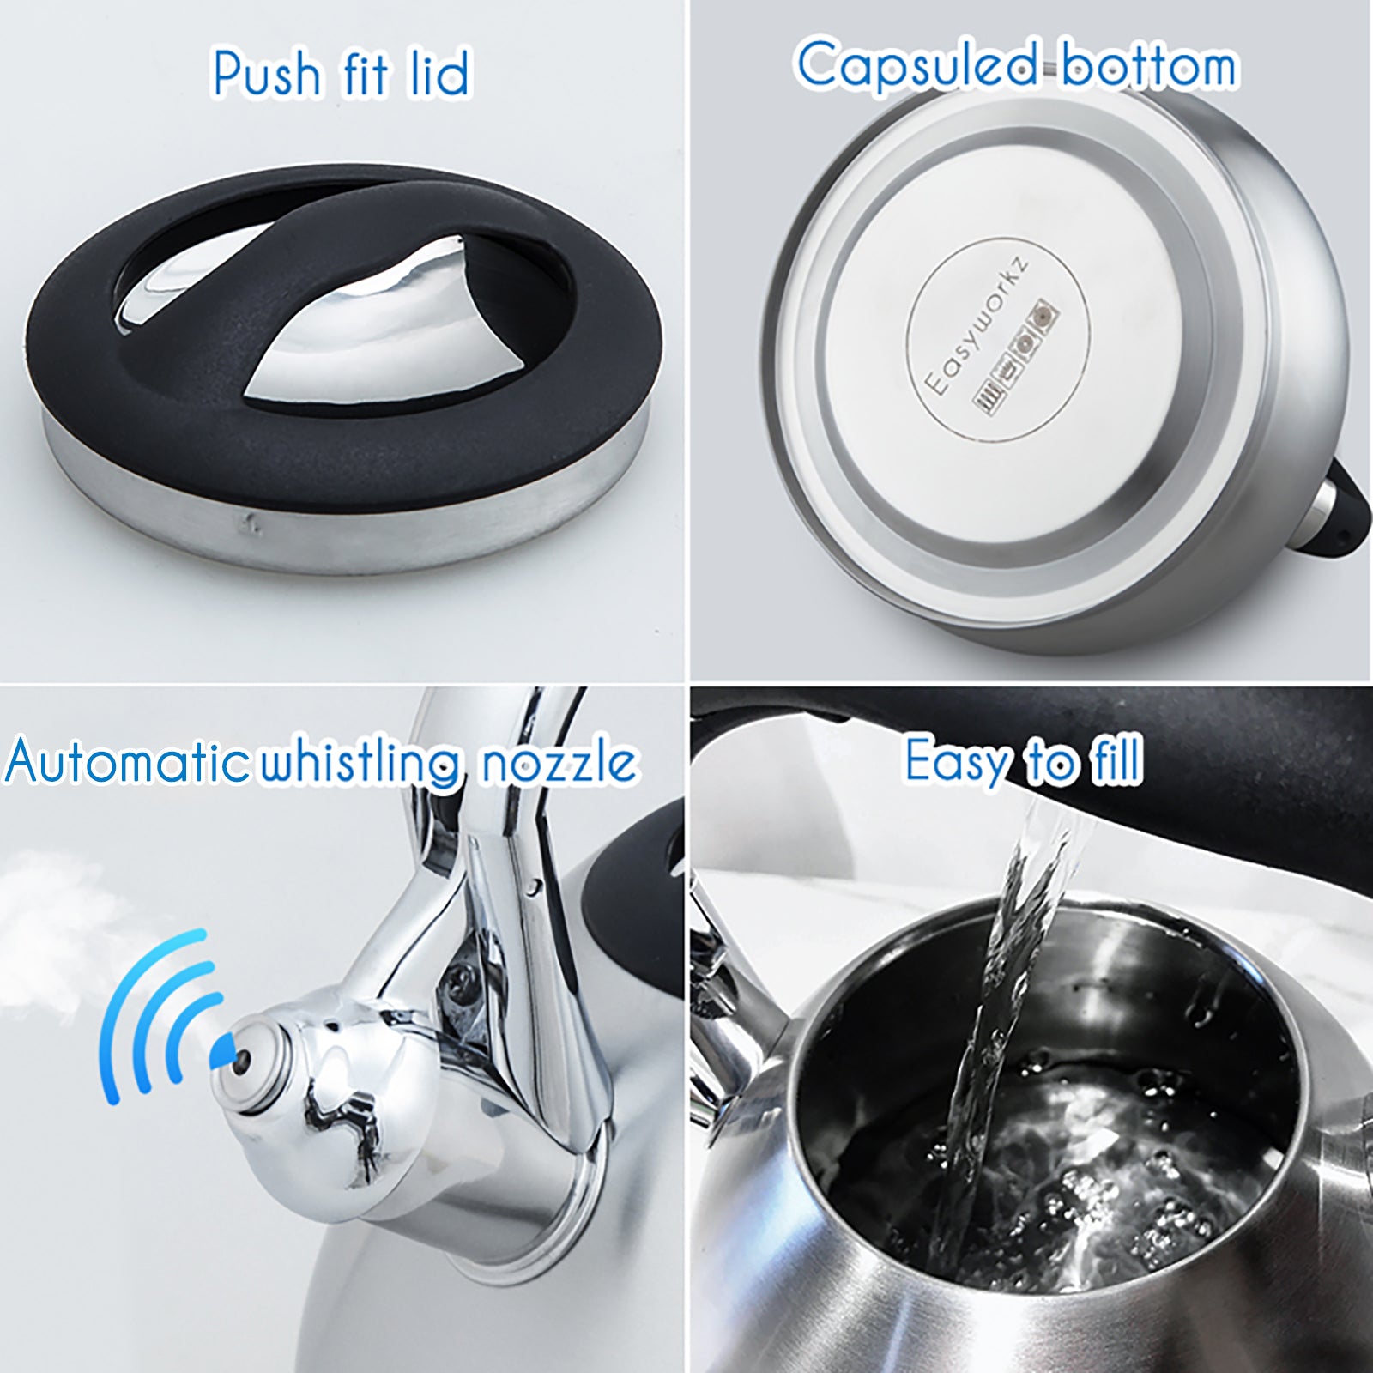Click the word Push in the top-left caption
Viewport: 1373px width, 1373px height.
(266, 74)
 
